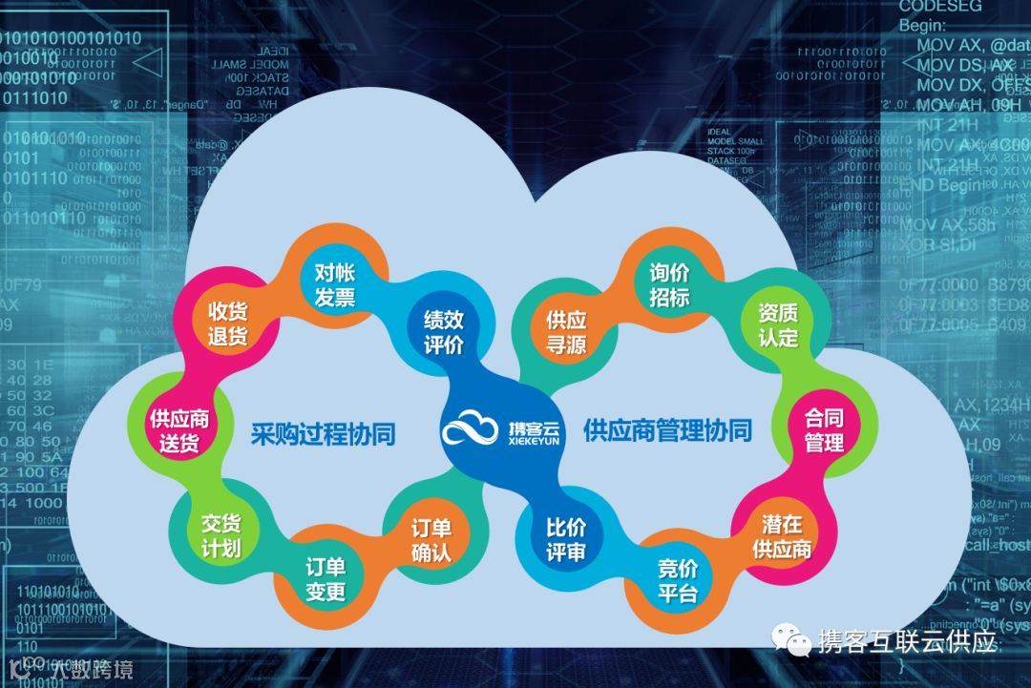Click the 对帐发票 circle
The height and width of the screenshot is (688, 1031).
coord(335,283)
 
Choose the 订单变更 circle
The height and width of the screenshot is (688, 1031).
coord(325,578)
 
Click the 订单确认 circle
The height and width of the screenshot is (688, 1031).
coord(431,540)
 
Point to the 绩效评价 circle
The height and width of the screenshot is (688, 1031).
coord(444,330)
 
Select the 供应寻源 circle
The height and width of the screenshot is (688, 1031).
coord(566,331)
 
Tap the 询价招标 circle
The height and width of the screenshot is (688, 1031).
coord(668,284)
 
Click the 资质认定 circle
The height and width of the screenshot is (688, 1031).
coord(778,324)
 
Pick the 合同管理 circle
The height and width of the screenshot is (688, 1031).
coord(824,430)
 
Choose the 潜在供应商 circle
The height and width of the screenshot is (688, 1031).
coord(782,536)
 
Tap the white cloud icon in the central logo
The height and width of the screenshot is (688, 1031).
coord(471,429)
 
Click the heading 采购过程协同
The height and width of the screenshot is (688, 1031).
coord(323,433)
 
